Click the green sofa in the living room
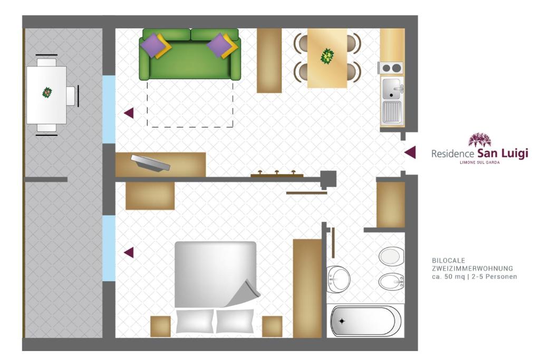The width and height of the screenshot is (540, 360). pyautogui.click(x=190, y=54)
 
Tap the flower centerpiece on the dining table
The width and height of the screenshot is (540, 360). pyautogui.click(x=327, y=56)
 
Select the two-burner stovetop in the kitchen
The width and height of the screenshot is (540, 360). pyautogui.click(x=391, y=68)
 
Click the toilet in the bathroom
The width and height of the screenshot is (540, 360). pyautogui.click(x=391, y=256)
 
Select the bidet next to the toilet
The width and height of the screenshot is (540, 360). pyautogui.click(x=391, y=281)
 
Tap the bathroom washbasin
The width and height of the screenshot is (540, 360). pyautogui.click(x=337, y=279)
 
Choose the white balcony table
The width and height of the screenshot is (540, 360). pyautogui.click(x=46, y=95)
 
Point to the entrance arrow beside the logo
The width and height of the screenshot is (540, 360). pyautogui.click(x=410, y=152)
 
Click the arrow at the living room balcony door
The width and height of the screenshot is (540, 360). pyautogui.click(x=129, y=113)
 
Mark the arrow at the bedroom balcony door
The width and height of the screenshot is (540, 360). pyautogui.click(x=129, y=252)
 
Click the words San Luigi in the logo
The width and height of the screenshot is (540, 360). pyautogui.click(x=503, y=153)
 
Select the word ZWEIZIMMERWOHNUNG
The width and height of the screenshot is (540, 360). pyautogui.click(x=472, y=268)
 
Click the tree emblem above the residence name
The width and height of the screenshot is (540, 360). pyautogui.click(x=479, y=140)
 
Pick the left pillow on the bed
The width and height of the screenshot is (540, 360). pyautogui.click(x=195, y=321)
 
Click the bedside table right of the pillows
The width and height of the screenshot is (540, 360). pyautogui.click(x=272, y=326)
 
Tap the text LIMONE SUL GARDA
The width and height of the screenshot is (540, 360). pyautogui.click(x=480, y=162)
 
